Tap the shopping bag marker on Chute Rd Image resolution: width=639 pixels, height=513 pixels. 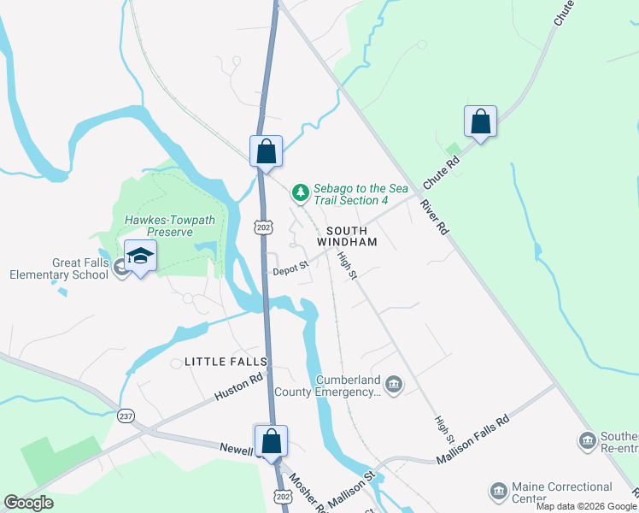(x=481, y=122)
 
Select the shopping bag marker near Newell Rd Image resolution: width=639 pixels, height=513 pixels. (x=272, y=442)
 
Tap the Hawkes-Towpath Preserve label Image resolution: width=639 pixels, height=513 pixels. (x=169, y=226)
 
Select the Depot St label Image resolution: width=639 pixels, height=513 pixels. (x=290, y=269)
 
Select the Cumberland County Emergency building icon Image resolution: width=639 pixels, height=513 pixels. (x=393, y=383)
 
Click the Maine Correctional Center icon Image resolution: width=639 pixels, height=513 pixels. (x=497, y=491)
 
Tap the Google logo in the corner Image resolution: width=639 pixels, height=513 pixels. (x=28, y=503)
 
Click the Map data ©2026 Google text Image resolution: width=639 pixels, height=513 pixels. (x=586, y=506)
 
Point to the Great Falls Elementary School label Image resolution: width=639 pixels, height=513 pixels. (x=60, y=268)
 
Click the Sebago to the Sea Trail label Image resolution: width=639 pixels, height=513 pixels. (x=351, y=194)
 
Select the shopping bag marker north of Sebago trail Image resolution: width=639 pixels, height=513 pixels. (x=266, y=151)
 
